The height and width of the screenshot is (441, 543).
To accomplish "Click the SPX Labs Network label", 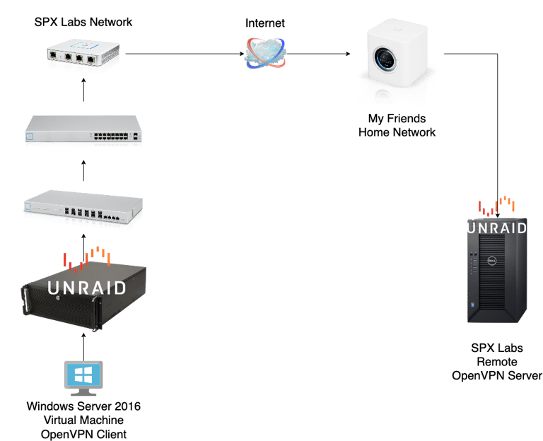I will (83, 22).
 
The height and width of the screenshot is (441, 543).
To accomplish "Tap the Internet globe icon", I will (264, 53).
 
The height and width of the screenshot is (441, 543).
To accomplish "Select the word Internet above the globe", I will (265, 23).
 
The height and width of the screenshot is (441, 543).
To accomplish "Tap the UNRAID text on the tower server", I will (497, 228).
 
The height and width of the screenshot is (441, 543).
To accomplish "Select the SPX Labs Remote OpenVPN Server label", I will (497, 362).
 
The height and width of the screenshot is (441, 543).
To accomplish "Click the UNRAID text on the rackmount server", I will (86, 287).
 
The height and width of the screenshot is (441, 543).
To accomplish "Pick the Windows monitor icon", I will (83, 377).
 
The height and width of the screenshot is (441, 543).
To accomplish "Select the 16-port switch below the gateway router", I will (83, 131).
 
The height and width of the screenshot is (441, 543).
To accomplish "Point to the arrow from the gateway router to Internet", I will (184, 53).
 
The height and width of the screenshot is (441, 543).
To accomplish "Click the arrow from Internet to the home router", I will (318, 53).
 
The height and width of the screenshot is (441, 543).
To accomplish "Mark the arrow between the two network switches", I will (83, 171).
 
